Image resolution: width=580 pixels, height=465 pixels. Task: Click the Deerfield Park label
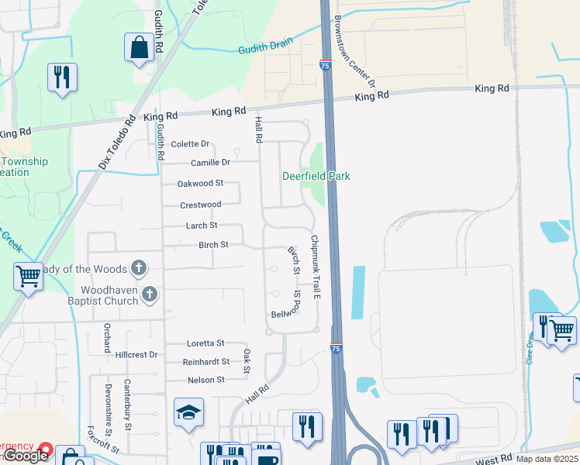[x=316, y=176]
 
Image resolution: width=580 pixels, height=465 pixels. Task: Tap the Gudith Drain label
[x=260, y=46]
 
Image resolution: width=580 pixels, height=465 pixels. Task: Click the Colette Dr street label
[x=191, y=144]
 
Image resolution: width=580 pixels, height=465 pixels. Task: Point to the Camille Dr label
[x=211, y=163]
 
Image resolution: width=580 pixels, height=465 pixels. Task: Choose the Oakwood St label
[x=200, y=184]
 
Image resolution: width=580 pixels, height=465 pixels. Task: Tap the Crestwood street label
[x=201, y=205]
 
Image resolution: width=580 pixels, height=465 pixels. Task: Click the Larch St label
[x=202, y=226]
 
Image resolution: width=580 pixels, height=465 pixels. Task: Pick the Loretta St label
[x=205, y=343]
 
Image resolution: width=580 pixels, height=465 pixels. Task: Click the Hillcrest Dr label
[x=136, y=354]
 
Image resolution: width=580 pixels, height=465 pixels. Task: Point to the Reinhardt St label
[x=206, y=362]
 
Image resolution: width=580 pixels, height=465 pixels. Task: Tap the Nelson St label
[x=205, y=380]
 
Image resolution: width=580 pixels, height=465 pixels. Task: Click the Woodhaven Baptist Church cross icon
[x=150, y=294]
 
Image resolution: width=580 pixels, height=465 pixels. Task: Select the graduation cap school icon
[x=188, y=413]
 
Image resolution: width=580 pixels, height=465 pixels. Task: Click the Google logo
[x=26, y=456]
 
